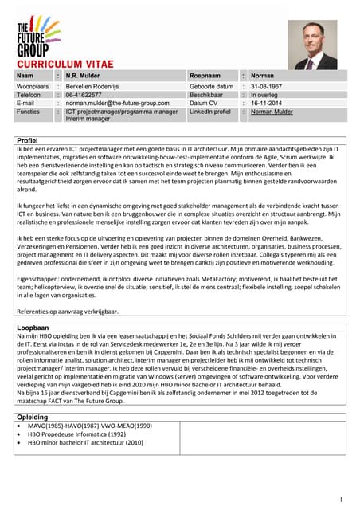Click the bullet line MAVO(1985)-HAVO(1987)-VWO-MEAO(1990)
(x=89, y=426)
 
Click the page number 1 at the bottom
(x=340, y=500)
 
